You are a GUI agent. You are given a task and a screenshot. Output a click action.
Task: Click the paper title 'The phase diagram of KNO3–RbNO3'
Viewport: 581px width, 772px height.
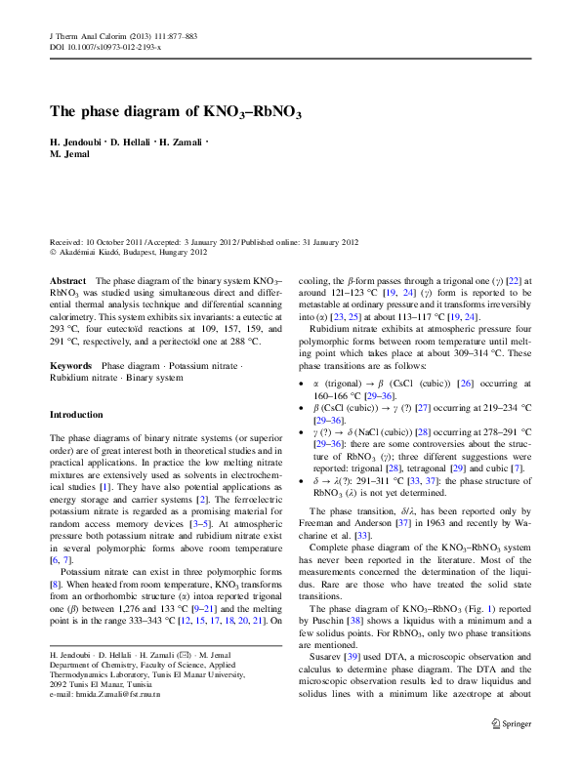pyautogui.click(x=176, y=112)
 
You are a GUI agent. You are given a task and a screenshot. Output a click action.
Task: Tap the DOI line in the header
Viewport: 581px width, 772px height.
pyautogui.click(x=105, y=47)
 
